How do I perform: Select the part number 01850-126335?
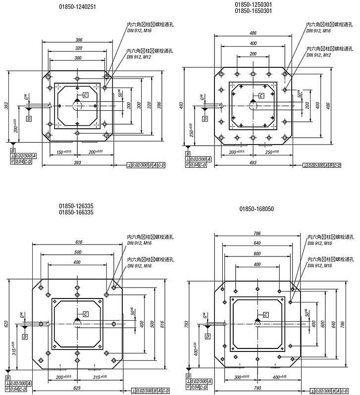(x=77, y=205)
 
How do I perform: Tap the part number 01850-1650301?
(x=254, y=10)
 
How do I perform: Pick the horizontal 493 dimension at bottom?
(x=253, y=162)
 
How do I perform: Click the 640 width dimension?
(x=257, y=243)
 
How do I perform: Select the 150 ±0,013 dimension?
(x=64, y=151)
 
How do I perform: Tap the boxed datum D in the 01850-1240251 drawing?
(x=29, y=119)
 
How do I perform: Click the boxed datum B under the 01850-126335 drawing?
(x=8, y=378)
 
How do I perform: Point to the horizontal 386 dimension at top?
(x=77, y=40)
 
